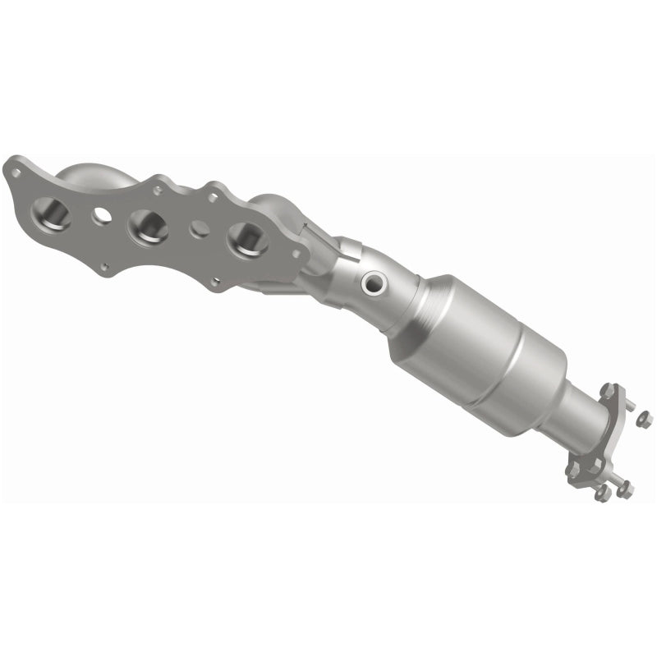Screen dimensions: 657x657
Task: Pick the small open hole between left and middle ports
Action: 102,215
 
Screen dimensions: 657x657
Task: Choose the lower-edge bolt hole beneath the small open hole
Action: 105,266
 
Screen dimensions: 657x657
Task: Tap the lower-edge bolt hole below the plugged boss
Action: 215,282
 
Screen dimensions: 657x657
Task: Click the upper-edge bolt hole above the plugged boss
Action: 213,197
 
